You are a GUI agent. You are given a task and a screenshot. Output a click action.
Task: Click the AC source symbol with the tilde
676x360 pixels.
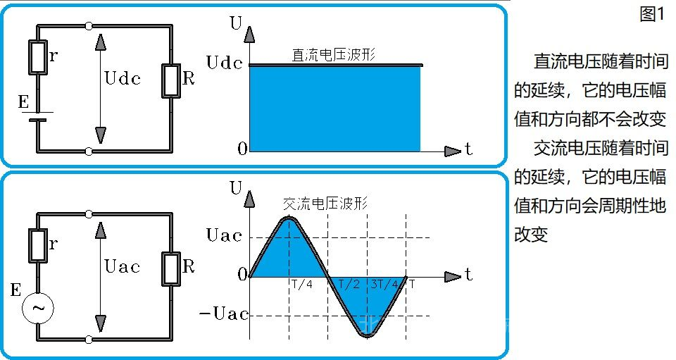coord(38,308)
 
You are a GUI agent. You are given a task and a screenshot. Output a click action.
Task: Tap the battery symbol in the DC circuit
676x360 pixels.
coord(37,116)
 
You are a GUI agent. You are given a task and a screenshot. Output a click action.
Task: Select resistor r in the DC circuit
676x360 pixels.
coord(38,57)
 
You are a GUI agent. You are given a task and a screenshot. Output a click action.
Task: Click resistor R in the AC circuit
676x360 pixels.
coord(172,268)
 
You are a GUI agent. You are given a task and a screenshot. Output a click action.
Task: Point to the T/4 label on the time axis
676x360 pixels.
coord(302,285)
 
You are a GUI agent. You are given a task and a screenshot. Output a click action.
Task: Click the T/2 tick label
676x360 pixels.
coord(349,285)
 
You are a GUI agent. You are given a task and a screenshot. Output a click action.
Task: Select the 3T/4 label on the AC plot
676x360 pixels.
coord(385,285)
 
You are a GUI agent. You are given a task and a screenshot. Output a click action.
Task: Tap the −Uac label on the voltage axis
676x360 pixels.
coord(224,314)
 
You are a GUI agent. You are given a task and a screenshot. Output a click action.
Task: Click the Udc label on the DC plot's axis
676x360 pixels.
coord(225,63)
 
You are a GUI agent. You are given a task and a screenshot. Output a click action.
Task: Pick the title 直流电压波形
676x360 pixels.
coord(334,55)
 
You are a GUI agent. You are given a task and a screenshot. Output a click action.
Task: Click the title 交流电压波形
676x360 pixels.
coord(325,203)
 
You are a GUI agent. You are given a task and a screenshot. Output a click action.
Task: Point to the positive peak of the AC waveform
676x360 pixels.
coord(289,218)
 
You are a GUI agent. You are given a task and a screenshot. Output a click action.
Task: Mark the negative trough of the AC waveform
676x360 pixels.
coord(368,335)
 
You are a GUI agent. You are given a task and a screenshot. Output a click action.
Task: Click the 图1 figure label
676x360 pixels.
coord(653,14)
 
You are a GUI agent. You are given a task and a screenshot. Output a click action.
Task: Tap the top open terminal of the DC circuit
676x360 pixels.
coord(89,26)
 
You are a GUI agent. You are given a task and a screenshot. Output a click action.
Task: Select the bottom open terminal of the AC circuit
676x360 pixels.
coord(89,340)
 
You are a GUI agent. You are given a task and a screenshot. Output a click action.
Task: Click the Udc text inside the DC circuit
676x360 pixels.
coord(123,78)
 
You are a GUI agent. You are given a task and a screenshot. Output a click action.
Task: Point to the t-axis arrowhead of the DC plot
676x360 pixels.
coord(453,151)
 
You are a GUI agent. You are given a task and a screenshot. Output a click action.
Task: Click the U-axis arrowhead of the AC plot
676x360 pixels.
coord(249,199)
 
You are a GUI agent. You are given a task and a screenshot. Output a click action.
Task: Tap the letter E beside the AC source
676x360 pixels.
coord(15,290)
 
